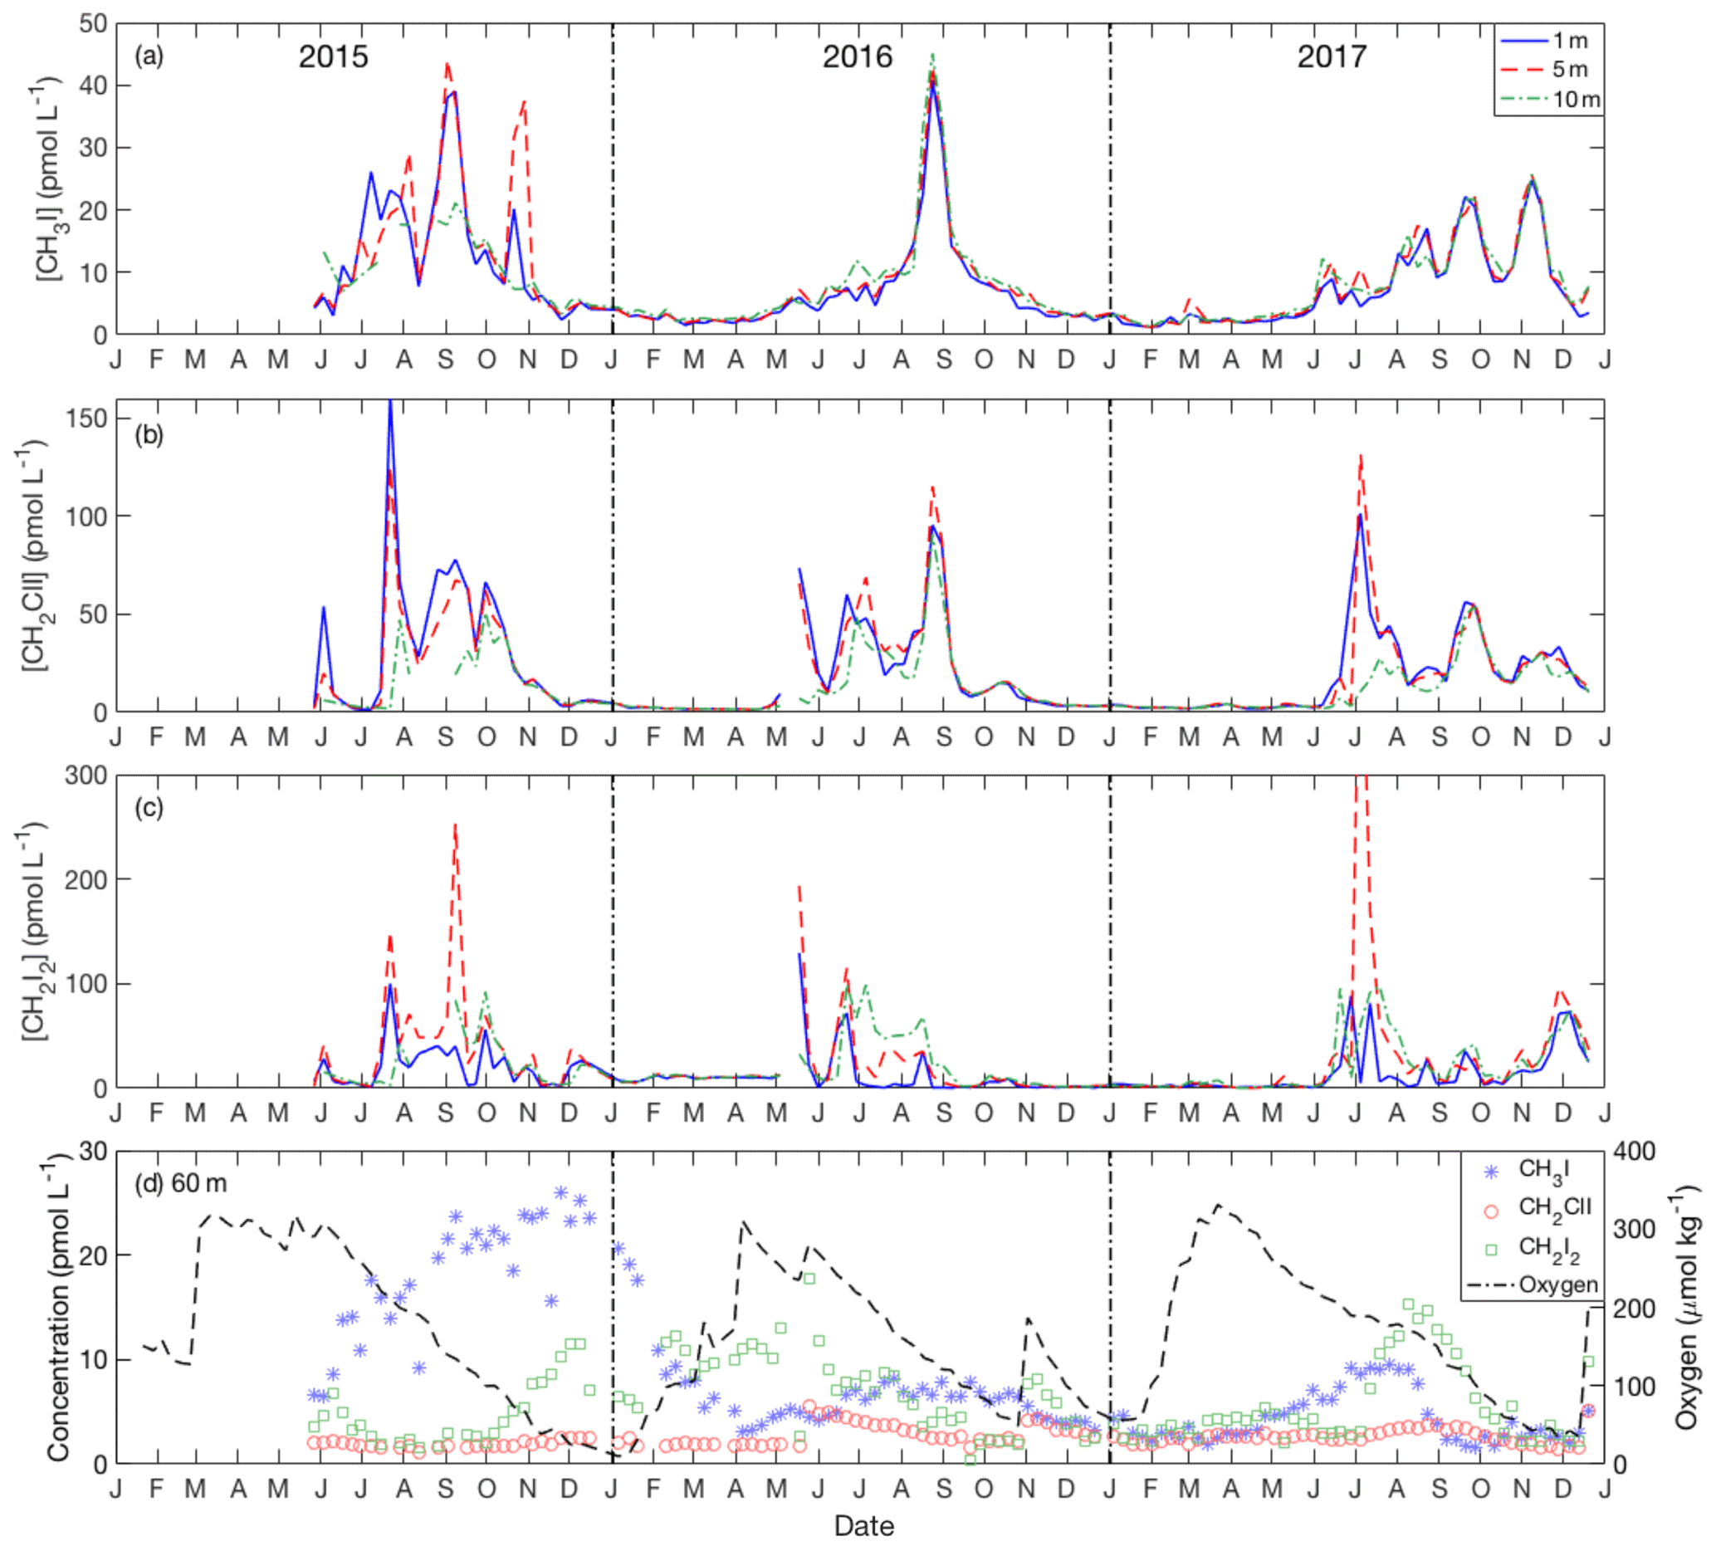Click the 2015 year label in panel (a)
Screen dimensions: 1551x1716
(x=333, y=57)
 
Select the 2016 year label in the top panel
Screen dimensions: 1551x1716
(x=856, y=57)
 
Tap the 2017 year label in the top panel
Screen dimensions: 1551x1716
(x=1332, y=57)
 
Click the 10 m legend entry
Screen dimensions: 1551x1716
(x=1576, y=100)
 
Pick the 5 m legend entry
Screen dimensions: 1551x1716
(x=1570, y=70)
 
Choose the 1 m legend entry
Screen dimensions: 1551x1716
(x=1570, y=41)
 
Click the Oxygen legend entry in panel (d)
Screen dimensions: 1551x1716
(x=1557, y=1284)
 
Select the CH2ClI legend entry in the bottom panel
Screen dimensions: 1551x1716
(x=1554, y=1208)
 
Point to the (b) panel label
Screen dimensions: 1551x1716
(x=148, y=435)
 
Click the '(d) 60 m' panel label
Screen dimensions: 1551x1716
(x=180, y=1183)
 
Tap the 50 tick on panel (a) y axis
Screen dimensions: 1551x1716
(x=93, y=24)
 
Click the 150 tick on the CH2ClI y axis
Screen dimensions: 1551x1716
(x=89, y=418)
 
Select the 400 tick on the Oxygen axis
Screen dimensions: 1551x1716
(x=1635, y=1152)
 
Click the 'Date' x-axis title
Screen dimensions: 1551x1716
(x=863, y=1526)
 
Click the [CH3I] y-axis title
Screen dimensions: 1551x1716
(x=47, y=179)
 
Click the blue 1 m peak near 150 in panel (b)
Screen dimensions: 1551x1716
(x=390, y=402)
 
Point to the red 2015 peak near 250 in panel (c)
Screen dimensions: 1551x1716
(x=456, y=824)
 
